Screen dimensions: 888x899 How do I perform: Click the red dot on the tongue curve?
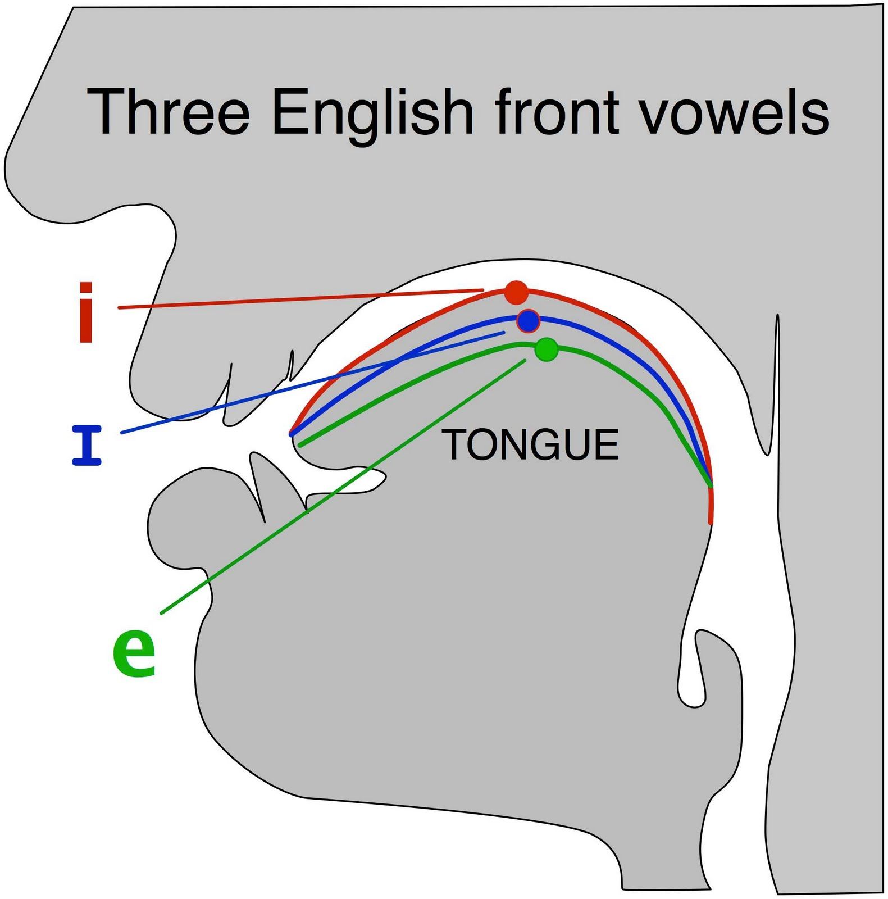pyautogui.click(x=516, y=293)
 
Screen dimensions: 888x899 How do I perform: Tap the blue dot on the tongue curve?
pyautogui.click(x=528, y=321)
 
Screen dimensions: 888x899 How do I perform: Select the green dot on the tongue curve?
pyautogui.click(x=547, y=349)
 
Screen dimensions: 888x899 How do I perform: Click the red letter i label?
pyautogui.click(x=86, y=312)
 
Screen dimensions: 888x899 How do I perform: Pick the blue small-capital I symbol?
pyautogui.click(x=86, y=446)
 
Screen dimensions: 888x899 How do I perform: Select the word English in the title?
pyautogui.click(x=372, y=116)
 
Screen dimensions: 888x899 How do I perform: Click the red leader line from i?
pyautogui.click(x=300, y=299)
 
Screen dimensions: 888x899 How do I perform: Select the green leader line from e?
pyautogui.click(x=343, y=487)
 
